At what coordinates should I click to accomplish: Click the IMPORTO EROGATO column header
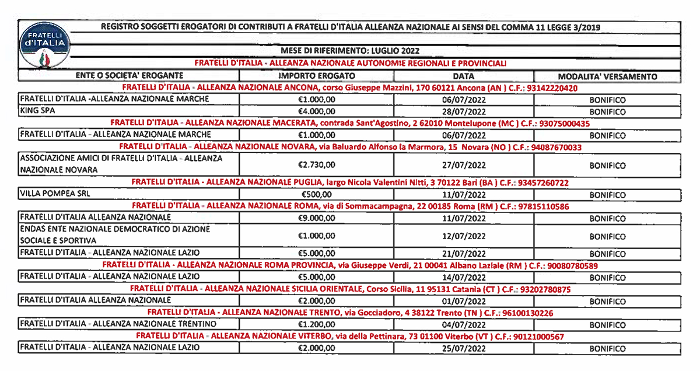[x=316, y=76]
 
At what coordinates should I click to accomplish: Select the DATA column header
[x=464, y=76]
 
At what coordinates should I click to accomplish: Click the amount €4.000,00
[x=316, y=111]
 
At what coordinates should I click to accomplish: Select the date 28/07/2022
[x=464, y=111]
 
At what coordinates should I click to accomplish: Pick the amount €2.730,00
[x=316, y=165]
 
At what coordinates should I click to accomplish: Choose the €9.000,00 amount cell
[x=316, y=218]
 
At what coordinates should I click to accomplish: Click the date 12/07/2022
[x=464, y=236]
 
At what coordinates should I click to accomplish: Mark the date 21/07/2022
[x=464, y=254]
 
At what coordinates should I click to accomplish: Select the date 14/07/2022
[x=464, y=278]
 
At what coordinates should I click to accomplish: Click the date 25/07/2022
[x=464, y=348]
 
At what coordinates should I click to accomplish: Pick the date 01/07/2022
[x=464, y=302]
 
